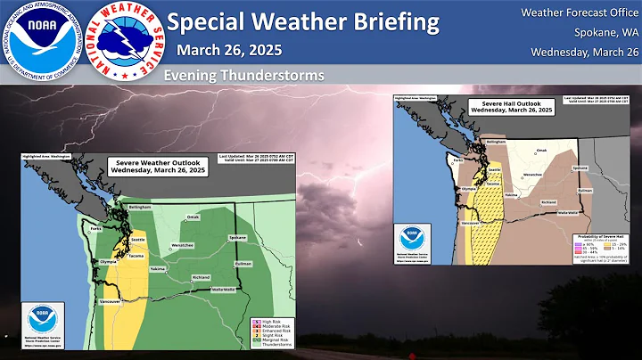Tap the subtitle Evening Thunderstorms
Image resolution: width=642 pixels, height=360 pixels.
click(243, 76)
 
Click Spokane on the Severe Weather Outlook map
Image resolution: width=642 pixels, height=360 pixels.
click(237, 238)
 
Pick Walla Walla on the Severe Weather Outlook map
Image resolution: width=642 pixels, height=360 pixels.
click(223, 289)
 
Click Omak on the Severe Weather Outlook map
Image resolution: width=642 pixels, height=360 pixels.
click(193, 217)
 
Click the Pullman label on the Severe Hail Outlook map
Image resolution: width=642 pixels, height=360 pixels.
click(586, 190)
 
